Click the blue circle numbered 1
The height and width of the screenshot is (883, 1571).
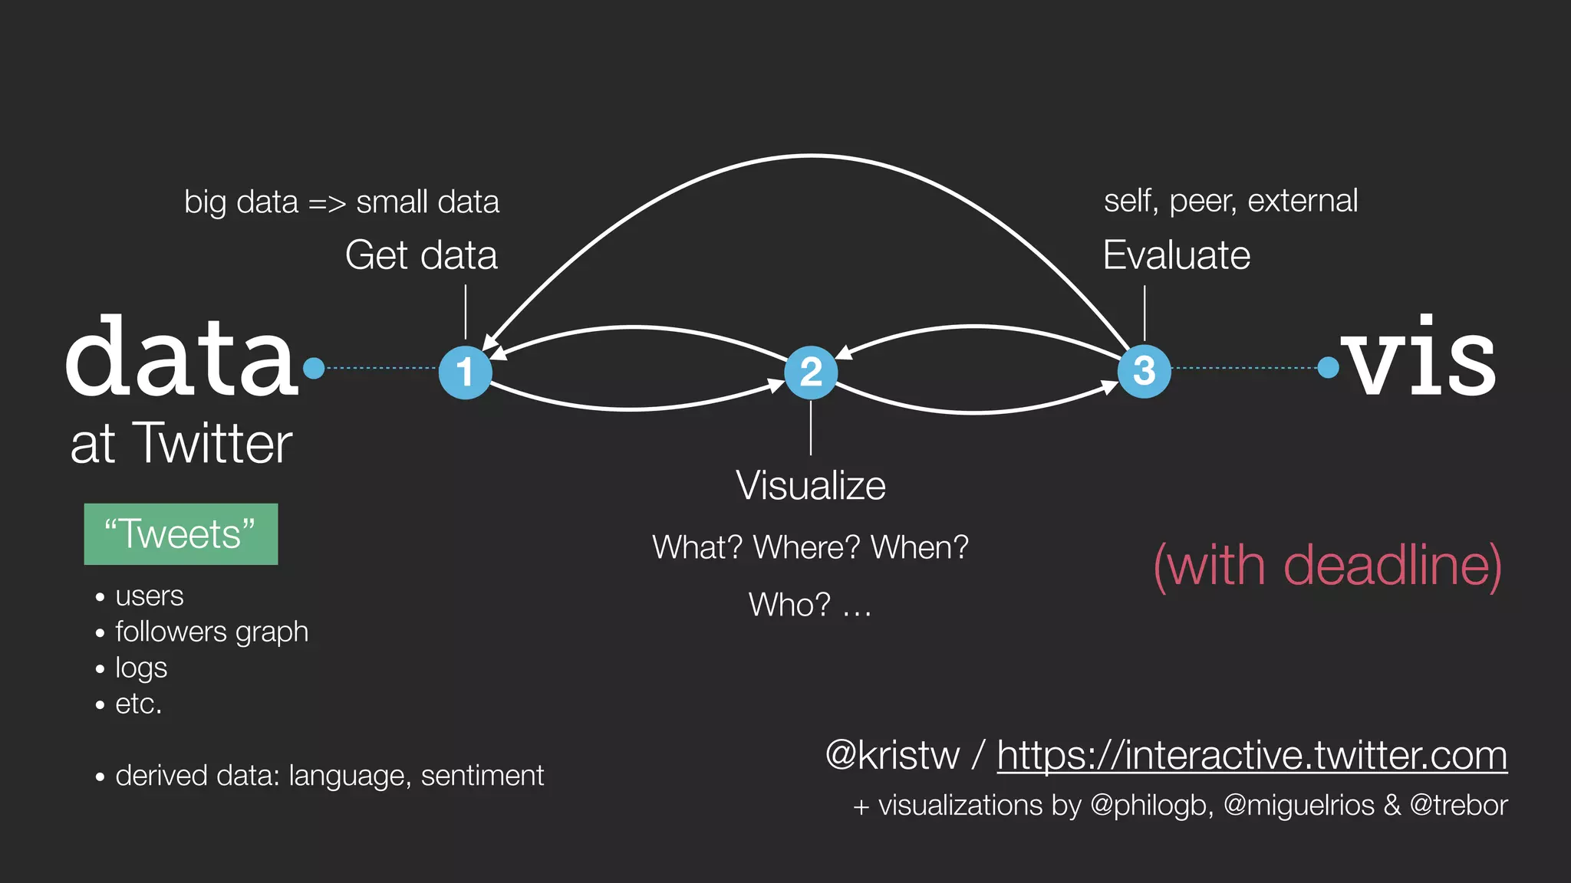[465, 373]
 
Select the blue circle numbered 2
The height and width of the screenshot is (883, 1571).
[811, 373]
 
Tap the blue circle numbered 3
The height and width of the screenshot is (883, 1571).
[1144, 372]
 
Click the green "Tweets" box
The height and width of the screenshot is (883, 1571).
[181, 534]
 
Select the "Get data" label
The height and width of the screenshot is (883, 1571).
[421, 255]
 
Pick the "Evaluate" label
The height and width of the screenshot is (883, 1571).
[1176, 255]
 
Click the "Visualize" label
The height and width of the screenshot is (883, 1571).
[811, 485]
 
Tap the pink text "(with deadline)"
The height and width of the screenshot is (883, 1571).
[1327, 566]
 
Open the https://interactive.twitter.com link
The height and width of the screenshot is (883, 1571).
[1252, 756]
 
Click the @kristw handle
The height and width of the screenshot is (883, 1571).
[892, 756]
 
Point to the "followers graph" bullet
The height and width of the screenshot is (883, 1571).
[212, 632]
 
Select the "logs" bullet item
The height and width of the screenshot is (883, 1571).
[141, 668]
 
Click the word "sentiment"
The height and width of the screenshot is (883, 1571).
[482, 776]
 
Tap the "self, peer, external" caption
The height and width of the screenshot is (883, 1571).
[1230, 201]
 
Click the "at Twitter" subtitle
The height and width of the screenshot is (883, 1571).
[181, 444]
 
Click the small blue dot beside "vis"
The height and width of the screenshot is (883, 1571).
[1328, 368]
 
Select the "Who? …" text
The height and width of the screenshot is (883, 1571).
[810, 606]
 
